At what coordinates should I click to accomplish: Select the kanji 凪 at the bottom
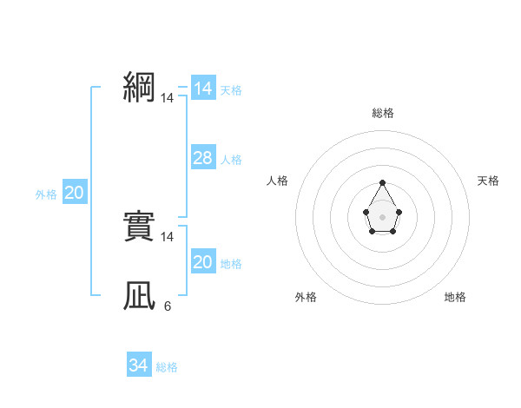coord(139,296)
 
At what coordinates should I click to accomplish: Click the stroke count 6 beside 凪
coord(167,306)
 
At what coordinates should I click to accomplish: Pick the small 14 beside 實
coord(167,236)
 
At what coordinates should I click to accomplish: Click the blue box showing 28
coord(202,158)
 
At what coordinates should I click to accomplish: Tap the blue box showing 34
coord(138,365)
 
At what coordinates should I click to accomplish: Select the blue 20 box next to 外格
coord(74,194)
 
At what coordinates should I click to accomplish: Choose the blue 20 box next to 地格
coord(202,262)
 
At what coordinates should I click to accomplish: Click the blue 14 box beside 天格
coord(202,89)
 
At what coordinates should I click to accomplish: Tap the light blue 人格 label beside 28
coord(231,160)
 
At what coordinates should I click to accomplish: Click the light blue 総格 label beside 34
coord(167,367)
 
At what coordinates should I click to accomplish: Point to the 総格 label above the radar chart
coord(382,113)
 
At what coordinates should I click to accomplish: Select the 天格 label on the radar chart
coord(489,181)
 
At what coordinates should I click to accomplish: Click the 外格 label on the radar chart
coord(306,297)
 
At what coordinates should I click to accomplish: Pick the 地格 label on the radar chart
coord(455,297)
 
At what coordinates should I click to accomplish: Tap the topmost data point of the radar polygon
coord(382,182)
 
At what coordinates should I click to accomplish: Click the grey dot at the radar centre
coord(382,215)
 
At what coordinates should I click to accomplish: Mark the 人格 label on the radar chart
coord(278,181)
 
